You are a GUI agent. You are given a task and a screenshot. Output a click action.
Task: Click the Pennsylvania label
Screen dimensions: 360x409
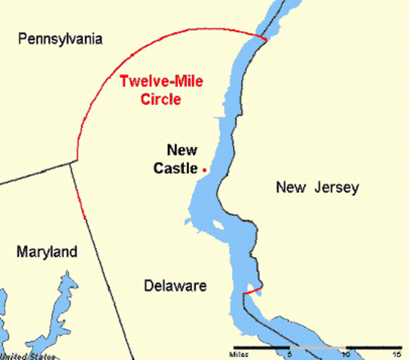(x=61, y=39)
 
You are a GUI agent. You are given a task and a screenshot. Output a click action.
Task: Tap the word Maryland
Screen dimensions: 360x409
(x=47, y=252)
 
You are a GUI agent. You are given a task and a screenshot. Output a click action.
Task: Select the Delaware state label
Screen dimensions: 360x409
(x=174, y=286)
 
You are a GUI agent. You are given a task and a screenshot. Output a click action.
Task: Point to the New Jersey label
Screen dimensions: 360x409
(x=317, y=187)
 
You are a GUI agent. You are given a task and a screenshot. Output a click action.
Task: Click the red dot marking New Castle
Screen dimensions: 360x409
(x=204, y=170)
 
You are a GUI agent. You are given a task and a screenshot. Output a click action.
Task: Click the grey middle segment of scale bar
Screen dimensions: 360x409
(x=318, y=348)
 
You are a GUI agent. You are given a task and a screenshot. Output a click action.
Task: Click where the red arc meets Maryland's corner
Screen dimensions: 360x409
(x=77, y=160)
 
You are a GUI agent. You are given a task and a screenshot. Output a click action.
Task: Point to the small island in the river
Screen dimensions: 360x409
(x=217, y=225)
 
